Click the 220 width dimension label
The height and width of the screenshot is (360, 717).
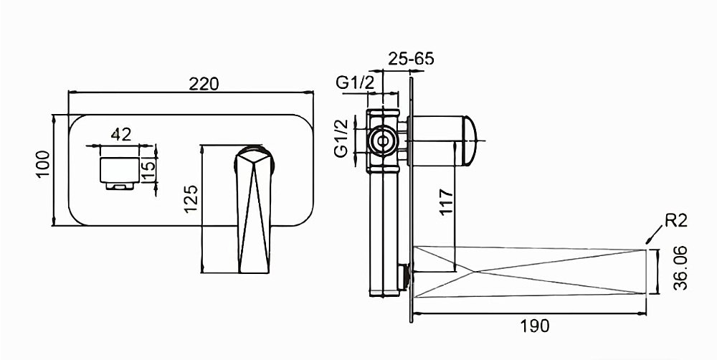(204, 84)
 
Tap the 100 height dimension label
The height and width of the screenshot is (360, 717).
(42, 164)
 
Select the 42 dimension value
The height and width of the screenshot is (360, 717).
(121, 135)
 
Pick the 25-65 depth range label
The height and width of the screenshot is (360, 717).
(411, 59)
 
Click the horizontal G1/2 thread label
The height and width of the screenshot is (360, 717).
(356, 82)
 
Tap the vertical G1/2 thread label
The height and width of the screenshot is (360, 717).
(341, 138)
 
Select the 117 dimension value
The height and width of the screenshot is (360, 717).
(446, 202)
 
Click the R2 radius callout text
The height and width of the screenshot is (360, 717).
(676, 221)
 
